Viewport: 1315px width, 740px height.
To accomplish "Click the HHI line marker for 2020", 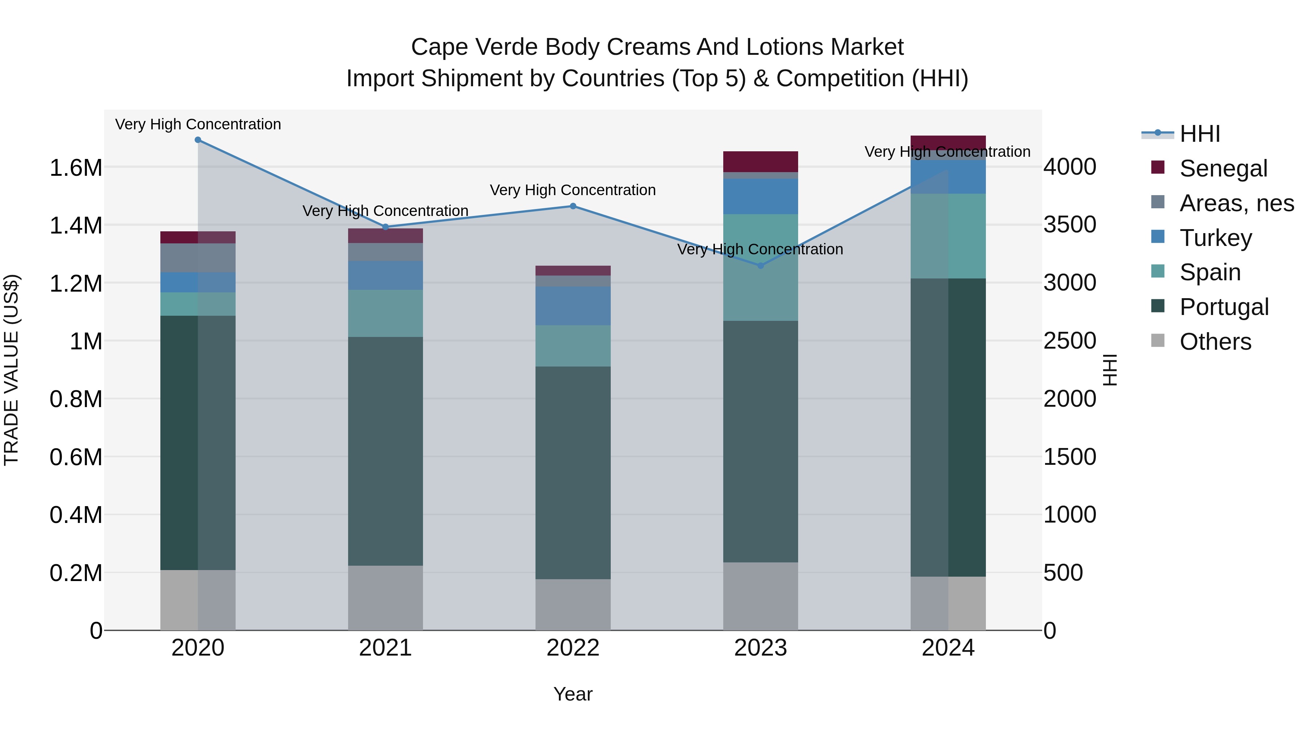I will (x=198, y=140).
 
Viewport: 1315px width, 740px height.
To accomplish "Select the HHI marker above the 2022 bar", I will (x=573, y=206).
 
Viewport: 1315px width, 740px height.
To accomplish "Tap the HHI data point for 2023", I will (x=761, y=266).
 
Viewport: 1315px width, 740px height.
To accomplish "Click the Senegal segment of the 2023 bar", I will (x=761, y=162).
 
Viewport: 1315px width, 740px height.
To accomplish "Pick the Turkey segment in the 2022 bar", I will (x=573, y=306).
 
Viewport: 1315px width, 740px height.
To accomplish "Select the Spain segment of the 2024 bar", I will (x=948, y=236).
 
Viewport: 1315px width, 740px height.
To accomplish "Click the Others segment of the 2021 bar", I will (x=385, y=597).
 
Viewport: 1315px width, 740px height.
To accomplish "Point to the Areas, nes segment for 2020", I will (x=198, y=258).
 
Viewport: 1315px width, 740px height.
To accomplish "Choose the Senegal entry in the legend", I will (x=1223, y=168).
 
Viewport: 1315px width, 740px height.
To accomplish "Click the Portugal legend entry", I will (x=1224, y=307).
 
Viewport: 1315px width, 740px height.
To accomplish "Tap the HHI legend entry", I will (x=1200, y=134).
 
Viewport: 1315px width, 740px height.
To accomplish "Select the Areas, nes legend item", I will (x=1236, y=203).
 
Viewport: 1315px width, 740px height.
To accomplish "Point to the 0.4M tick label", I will (x=76, y=515).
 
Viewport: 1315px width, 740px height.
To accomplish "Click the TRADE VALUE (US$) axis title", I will (x=11, y=370).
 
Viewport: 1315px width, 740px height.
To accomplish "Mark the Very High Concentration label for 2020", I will (x=198, y=124).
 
